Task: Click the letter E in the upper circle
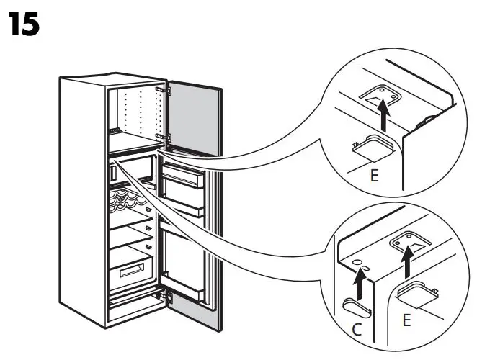374,175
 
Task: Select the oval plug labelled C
356,306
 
